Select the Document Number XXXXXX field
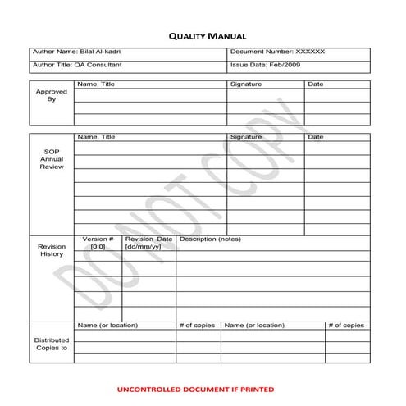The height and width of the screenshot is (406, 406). [x=277, y=52]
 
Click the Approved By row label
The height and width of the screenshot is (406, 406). [x=51, y=95]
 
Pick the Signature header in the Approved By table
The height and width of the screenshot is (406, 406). [x=246, y=84]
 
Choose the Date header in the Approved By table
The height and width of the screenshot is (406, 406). [x=316, y=84]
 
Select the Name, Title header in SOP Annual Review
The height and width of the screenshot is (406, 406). [x=96, y=137]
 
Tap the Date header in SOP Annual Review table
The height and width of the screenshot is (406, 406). [x=316, y=137]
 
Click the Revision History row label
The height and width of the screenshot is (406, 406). [x=51, y=249]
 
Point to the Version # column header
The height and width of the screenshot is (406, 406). [x=98, y=242]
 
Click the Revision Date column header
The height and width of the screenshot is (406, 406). [x=148, y=242]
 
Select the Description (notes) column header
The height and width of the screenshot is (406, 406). [x=210, y=239]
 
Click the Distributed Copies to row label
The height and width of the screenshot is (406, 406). [x=51, y=344]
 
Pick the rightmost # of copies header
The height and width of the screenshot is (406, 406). [x=345, y=326]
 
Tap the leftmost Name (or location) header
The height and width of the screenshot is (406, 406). [x=107, y=326]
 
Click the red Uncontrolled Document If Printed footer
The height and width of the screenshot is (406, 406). [x=195, y=389]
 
